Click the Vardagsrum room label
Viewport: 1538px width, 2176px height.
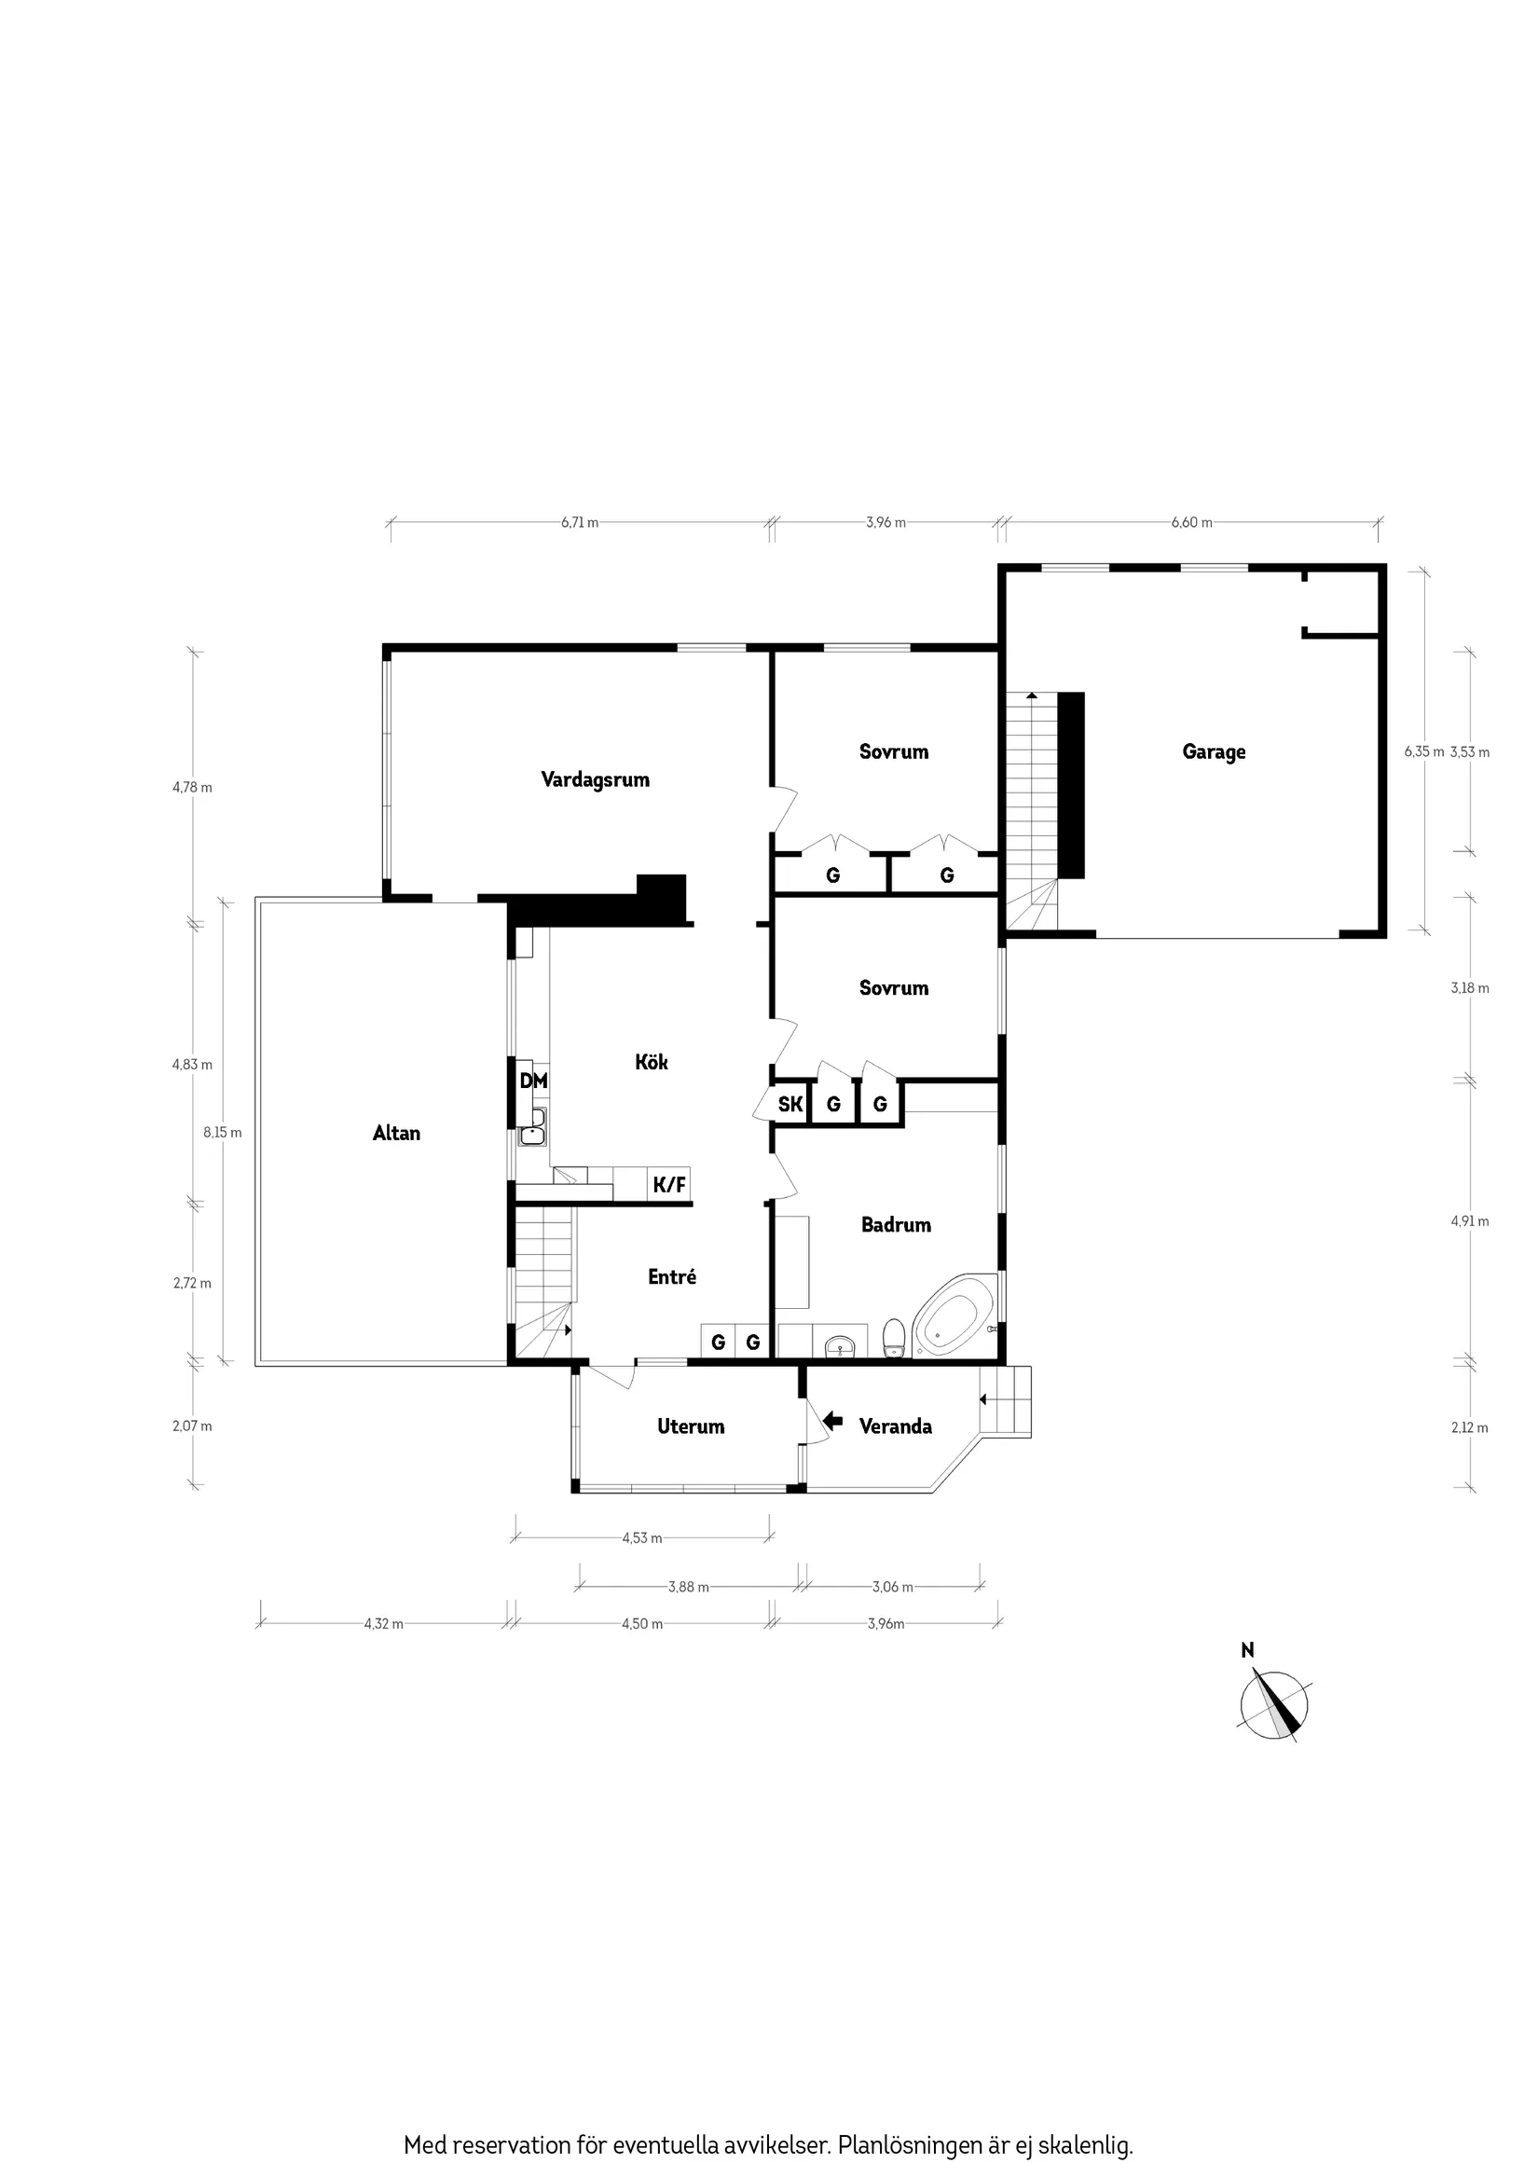(x=595, y=780)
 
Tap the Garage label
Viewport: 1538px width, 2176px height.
(x=1213, y=751)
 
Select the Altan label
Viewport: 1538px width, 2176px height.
(x=396, y=1133)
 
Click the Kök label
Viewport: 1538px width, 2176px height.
(x=651, y=1063)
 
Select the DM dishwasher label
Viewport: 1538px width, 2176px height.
(x=532, y=1081)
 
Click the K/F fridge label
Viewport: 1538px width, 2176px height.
(x=669, y=1185)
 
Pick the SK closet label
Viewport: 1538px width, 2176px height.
(x=790, y=1104)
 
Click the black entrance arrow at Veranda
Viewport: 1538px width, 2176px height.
(x=833, y=1421)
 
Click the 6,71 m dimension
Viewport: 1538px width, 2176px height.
(x=579, y=522)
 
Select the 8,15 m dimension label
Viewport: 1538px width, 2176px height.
(x=223, y=1132)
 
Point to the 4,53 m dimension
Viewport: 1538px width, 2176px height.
(x=641, y=1538)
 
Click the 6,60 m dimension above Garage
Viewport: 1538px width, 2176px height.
(x=1191, y=522)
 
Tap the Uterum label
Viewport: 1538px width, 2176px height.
(x=691, y=1426)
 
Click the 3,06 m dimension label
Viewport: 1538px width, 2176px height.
(x=892, y=1587)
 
